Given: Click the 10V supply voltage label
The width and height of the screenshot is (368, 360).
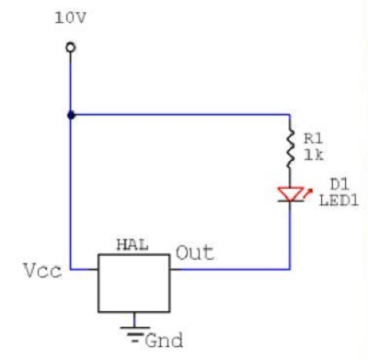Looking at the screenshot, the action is pyautogui.click(x=70, y=18).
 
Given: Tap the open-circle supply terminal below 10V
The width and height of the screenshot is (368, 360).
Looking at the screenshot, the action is pyautogui.click(x=71, y=48).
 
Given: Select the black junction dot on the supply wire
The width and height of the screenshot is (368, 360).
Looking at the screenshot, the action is pyautogui.click(x=71, y=115).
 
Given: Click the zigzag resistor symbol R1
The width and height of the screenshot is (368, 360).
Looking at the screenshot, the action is pyautogui.click(x=290, y=148).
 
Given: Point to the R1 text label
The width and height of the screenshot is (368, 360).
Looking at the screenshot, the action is pyautogui.click(x=313, y=139).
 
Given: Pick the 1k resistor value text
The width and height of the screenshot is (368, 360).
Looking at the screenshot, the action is pyautogui.click(x=314, y=156).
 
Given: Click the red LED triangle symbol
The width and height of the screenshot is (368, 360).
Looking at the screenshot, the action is pyautogui.click(x=291, y=194).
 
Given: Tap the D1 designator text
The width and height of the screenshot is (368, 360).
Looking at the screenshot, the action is pyautogui.click(x=339, y=184).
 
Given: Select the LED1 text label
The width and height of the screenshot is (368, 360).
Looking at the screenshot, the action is pyautogui.click(x=339, y=201).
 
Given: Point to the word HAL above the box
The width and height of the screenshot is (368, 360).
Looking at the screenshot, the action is pyautogui.click(x=132, y=245).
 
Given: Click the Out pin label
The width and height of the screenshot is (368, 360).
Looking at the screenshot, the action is pyautogui.click(x=195, y=253).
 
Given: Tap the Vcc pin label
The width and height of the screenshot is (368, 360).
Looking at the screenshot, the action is pyautogui.click(x=42, y=271).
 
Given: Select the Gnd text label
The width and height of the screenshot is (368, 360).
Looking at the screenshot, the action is pyautogui.click(x=164, y=341).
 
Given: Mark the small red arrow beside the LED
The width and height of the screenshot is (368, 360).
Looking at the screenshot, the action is pyautogui.click(x=308, y=192).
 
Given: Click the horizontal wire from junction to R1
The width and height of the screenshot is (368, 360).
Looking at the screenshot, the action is pyautogui.click(x=180, y=115).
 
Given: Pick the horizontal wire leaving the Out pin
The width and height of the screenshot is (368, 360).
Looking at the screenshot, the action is pyautogui.click(x=230, y=270).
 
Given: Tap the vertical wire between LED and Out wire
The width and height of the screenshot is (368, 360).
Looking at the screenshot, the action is pyautogui.click(x=290, y=236).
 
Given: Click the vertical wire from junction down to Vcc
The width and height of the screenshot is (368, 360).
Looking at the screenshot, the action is pyautogui.click(x=71, y=192).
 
